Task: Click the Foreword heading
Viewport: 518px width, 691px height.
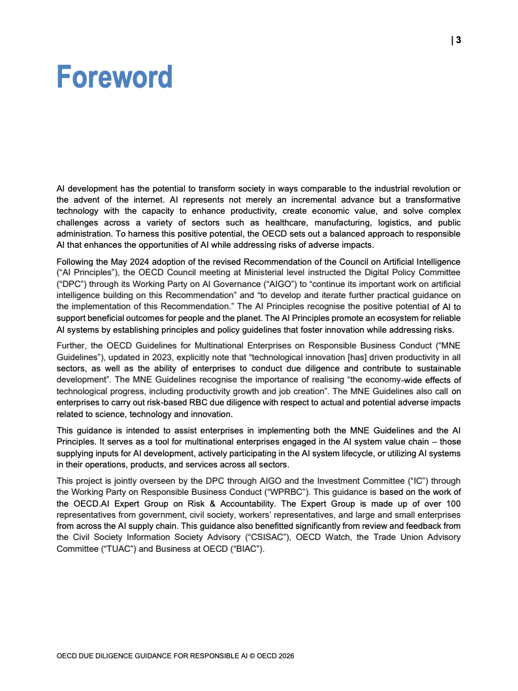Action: click(114, 77)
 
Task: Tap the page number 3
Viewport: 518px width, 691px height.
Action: click(458, 40)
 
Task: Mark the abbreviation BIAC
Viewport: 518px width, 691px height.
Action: click(245, 548)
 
